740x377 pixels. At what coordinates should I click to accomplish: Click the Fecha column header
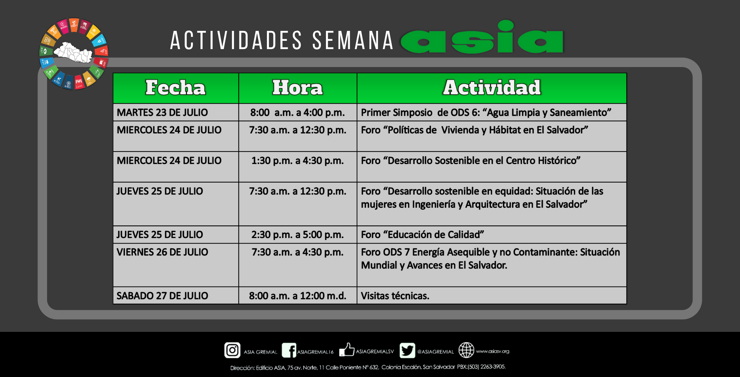click(x=176, y=88)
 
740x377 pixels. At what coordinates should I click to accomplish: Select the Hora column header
click(x=298, y=88)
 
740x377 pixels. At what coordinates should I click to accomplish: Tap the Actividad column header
click(x=492, y=88)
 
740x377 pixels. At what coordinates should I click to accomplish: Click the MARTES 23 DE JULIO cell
click(x=176, y=112)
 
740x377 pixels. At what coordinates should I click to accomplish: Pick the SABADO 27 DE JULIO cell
click(x=176, y=295)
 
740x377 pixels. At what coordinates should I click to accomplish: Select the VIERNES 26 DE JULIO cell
click(x=176, y=265)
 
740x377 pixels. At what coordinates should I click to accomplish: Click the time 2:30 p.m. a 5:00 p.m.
click(x=298, y=235)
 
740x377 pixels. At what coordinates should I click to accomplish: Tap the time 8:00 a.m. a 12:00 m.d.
click(x=298, y=295)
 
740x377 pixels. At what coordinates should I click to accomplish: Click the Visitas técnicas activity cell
click(x=492, y=295)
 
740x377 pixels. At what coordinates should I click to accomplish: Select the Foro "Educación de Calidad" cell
click(x=492, y=235)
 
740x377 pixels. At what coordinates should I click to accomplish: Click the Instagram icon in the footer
click(x=232, y=350)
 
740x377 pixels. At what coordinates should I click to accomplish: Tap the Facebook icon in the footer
click(x=289, y=350)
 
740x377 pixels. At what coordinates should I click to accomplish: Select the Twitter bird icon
click(x=407, y=350)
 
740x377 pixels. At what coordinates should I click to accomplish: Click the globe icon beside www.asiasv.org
click(x=466, y=350)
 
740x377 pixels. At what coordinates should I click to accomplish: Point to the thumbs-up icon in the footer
click(x=347, y=350)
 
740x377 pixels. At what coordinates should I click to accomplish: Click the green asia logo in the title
click(x=482, y=37)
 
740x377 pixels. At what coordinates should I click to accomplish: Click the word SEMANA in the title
click(x=353, y=40)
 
